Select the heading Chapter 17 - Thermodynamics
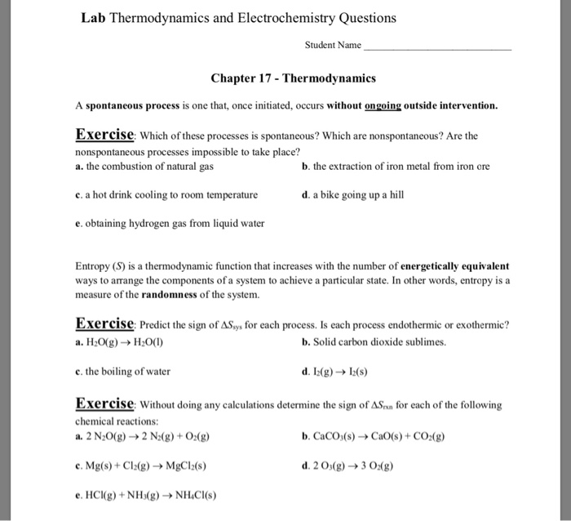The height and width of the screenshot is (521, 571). [x=293, y=79]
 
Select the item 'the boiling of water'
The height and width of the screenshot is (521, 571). [x=122, y=371]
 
